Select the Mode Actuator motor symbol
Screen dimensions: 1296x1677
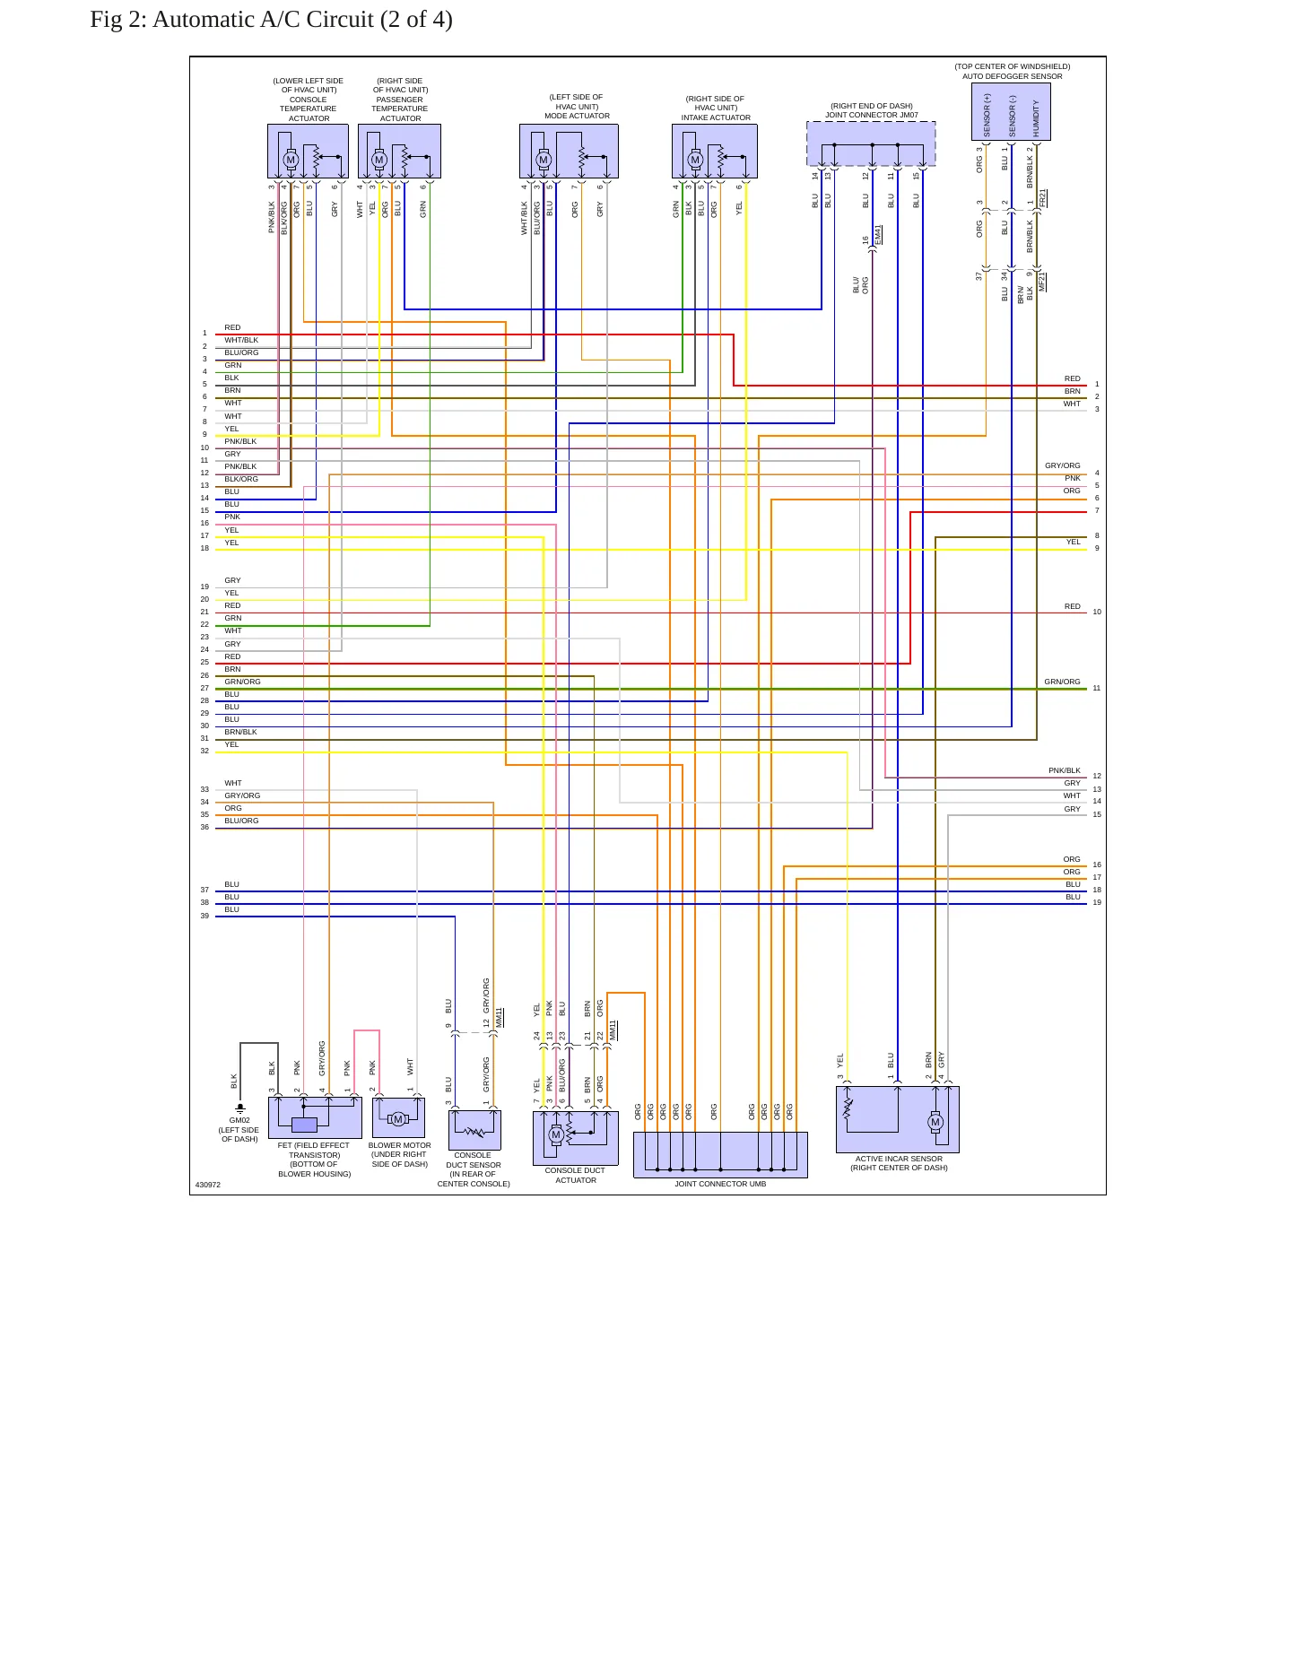pos(544,160)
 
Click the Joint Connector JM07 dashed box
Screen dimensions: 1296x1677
pos(871,143)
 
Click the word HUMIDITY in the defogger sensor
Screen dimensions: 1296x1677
pos(1036,118)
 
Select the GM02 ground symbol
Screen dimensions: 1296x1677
pos(240,1108)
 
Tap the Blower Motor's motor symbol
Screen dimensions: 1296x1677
pos(398,1119)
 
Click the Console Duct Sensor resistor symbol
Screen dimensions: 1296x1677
pos(474,1132)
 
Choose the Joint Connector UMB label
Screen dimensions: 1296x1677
pos(720,1184)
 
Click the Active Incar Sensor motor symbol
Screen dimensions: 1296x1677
pos(935,1122)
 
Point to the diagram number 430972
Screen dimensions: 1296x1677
pos(208,1185)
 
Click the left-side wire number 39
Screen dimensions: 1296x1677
pos(204,916)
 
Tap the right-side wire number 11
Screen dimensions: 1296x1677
pos(1097,688)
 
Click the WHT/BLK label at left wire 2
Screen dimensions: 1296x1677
pos(241,340)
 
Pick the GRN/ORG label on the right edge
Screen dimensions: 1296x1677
pos(1062,682)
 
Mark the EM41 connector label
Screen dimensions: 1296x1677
pos(878,234)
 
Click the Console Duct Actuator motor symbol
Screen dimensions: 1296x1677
pos(556,1134)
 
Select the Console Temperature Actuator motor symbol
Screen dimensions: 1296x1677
pos(291,160)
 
